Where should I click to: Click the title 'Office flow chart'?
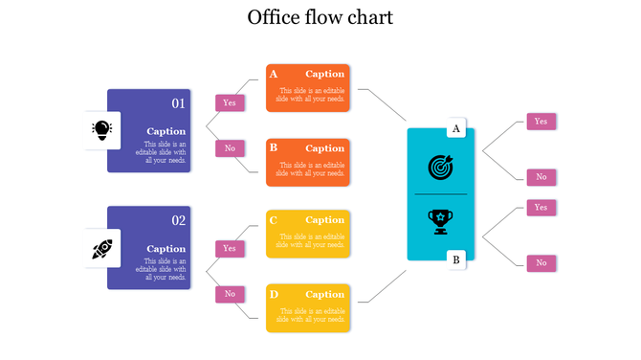click(x=320, y=17)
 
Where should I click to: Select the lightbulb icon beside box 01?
click(x=100, y=130)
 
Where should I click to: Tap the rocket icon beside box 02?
click(x=101, y=249)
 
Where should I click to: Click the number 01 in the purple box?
click(x=178, y=103)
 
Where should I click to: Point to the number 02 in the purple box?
click(x=178, y=220)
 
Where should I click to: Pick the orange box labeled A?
click(x=307, y=88)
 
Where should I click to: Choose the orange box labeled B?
click(x=307, y=162)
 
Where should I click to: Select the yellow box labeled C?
click(x=307, y=235)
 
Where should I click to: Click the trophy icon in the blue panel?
click(x=440, y=221)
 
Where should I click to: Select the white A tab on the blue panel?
click(x=456, y=128)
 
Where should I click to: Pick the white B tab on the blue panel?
click(x=456, y=259)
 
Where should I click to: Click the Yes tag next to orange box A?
click(x=230, y=102)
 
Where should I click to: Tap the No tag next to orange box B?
click(x=230, y=148)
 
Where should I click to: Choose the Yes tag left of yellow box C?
click(x=230, y=248)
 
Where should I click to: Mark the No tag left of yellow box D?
click(x=230, y=294)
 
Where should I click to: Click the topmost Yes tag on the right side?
click(x=541, y=122)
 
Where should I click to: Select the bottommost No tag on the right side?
click(x=541, y=262)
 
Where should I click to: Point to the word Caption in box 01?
click(x=166, y=131)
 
